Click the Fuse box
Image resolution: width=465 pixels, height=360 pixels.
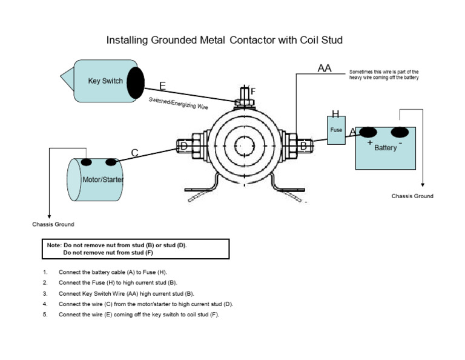[x=336, y=130]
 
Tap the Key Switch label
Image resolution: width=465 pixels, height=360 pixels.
[x=105, y=81]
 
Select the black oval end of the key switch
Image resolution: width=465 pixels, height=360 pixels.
[x=136, y=82]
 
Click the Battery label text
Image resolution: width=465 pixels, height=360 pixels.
[x=386, y=147]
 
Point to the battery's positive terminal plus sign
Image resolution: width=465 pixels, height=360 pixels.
[x=369, y=142]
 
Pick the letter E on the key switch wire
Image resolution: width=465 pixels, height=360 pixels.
[x=162, y=86]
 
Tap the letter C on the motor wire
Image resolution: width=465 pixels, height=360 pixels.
[x=135, y=153]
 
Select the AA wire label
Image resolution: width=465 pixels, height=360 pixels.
[x=325, y=68]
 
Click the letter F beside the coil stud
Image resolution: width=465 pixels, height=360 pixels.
[x=253, y=92]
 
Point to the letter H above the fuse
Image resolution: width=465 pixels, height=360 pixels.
[x=335, y=114]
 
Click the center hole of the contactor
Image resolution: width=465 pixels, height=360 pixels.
[x=245, y=145]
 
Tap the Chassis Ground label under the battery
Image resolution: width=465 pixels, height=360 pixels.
[x=412, y=196]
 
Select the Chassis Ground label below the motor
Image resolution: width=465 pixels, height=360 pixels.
[x=53, y=224]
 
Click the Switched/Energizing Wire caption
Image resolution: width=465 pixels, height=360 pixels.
[x=179, y=103]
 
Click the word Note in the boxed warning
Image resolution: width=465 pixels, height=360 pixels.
[x=53, y=245]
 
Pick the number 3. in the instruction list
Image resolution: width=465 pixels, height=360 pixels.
[x=45, y=293]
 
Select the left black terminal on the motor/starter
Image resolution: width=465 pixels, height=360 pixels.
[x=87, y=162]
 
